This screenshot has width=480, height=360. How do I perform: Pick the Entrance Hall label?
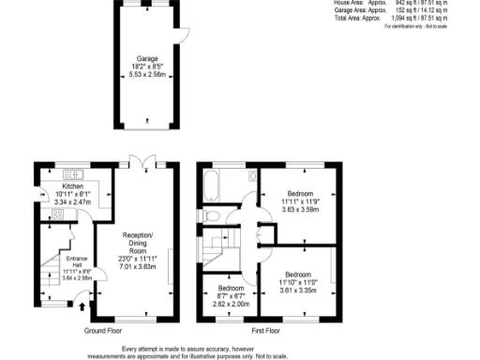pos(75,260)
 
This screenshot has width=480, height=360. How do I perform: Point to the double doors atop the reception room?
pos(142,163)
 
